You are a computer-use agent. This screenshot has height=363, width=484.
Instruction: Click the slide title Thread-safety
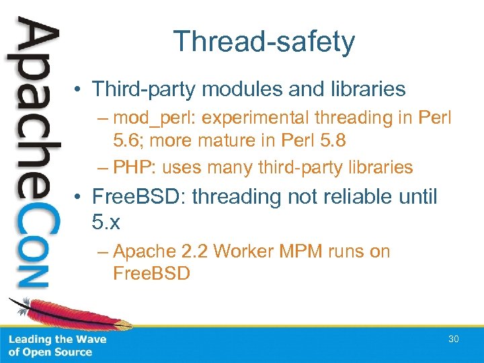coord(264,42)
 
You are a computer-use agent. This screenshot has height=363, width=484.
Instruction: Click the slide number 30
coord(454,339)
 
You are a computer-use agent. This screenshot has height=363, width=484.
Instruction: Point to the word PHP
coord(134,167)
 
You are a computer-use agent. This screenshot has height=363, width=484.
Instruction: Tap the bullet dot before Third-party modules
coord(79,89)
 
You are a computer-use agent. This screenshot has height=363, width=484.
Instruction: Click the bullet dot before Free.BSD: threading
coord(79,198)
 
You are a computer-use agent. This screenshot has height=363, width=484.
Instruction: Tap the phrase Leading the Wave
coord(57,339)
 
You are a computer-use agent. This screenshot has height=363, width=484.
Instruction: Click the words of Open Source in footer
coord(50,352)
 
